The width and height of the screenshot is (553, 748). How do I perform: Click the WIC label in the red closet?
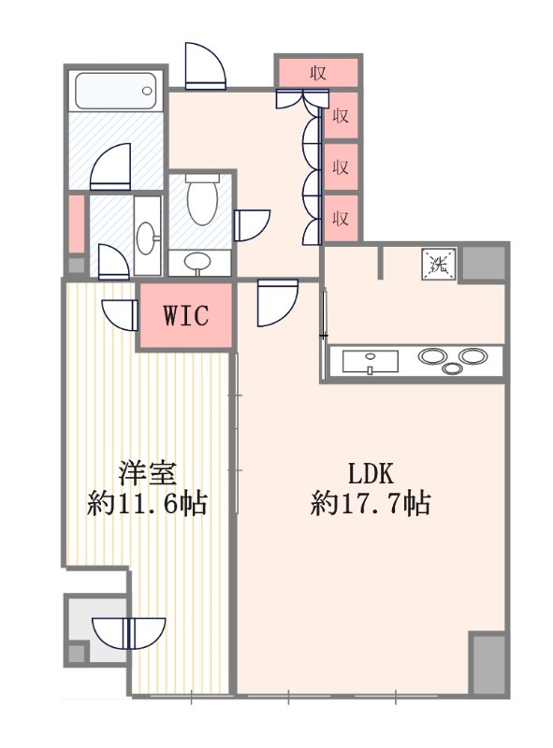184,315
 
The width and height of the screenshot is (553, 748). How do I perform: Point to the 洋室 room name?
147,470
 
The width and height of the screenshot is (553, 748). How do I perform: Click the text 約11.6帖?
147,506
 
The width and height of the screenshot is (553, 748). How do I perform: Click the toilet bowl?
201,201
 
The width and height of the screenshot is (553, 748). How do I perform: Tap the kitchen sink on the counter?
370,361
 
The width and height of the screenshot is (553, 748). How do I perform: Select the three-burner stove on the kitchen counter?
452,360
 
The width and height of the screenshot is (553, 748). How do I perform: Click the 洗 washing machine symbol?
439,263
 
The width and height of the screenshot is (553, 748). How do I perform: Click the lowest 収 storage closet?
342,219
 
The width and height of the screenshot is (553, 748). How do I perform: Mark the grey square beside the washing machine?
484,263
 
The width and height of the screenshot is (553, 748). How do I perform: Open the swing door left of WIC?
120,312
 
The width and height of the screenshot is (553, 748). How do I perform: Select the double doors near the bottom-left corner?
134,634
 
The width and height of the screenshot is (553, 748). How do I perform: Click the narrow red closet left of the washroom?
75,223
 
